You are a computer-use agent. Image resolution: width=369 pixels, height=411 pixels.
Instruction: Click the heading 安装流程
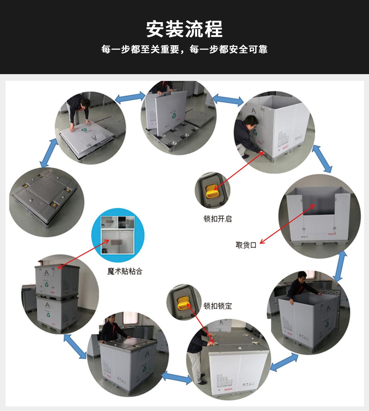184,29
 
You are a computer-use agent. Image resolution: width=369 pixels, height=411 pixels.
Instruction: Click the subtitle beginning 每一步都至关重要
184,49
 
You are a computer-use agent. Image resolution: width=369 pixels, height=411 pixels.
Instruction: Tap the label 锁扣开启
217,219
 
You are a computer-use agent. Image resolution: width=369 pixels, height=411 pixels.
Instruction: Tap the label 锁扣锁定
217,306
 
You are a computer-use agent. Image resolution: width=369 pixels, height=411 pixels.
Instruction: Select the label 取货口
246,245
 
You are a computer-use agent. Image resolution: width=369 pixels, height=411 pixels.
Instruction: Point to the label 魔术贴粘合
125,271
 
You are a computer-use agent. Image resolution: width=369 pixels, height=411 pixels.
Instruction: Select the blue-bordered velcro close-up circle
118,235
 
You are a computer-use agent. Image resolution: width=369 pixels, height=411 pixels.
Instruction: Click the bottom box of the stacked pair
57,314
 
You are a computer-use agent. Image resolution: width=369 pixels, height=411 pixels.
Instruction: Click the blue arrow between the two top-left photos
130,97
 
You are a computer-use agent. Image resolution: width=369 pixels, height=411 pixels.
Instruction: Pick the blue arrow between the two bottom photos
177,378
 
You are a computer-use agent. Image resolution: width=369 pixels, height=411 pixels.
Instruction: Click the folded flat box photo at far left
46,202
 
